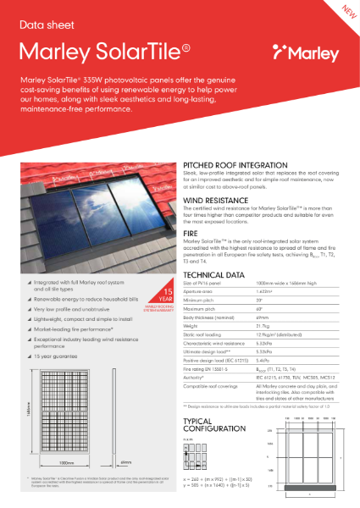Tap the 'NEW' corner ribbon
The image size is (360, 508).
coord(346,11)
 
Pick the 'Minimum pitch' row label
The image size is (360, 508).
coord(202,301)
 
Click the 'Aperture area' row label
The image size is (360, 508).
coord(201,294)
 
